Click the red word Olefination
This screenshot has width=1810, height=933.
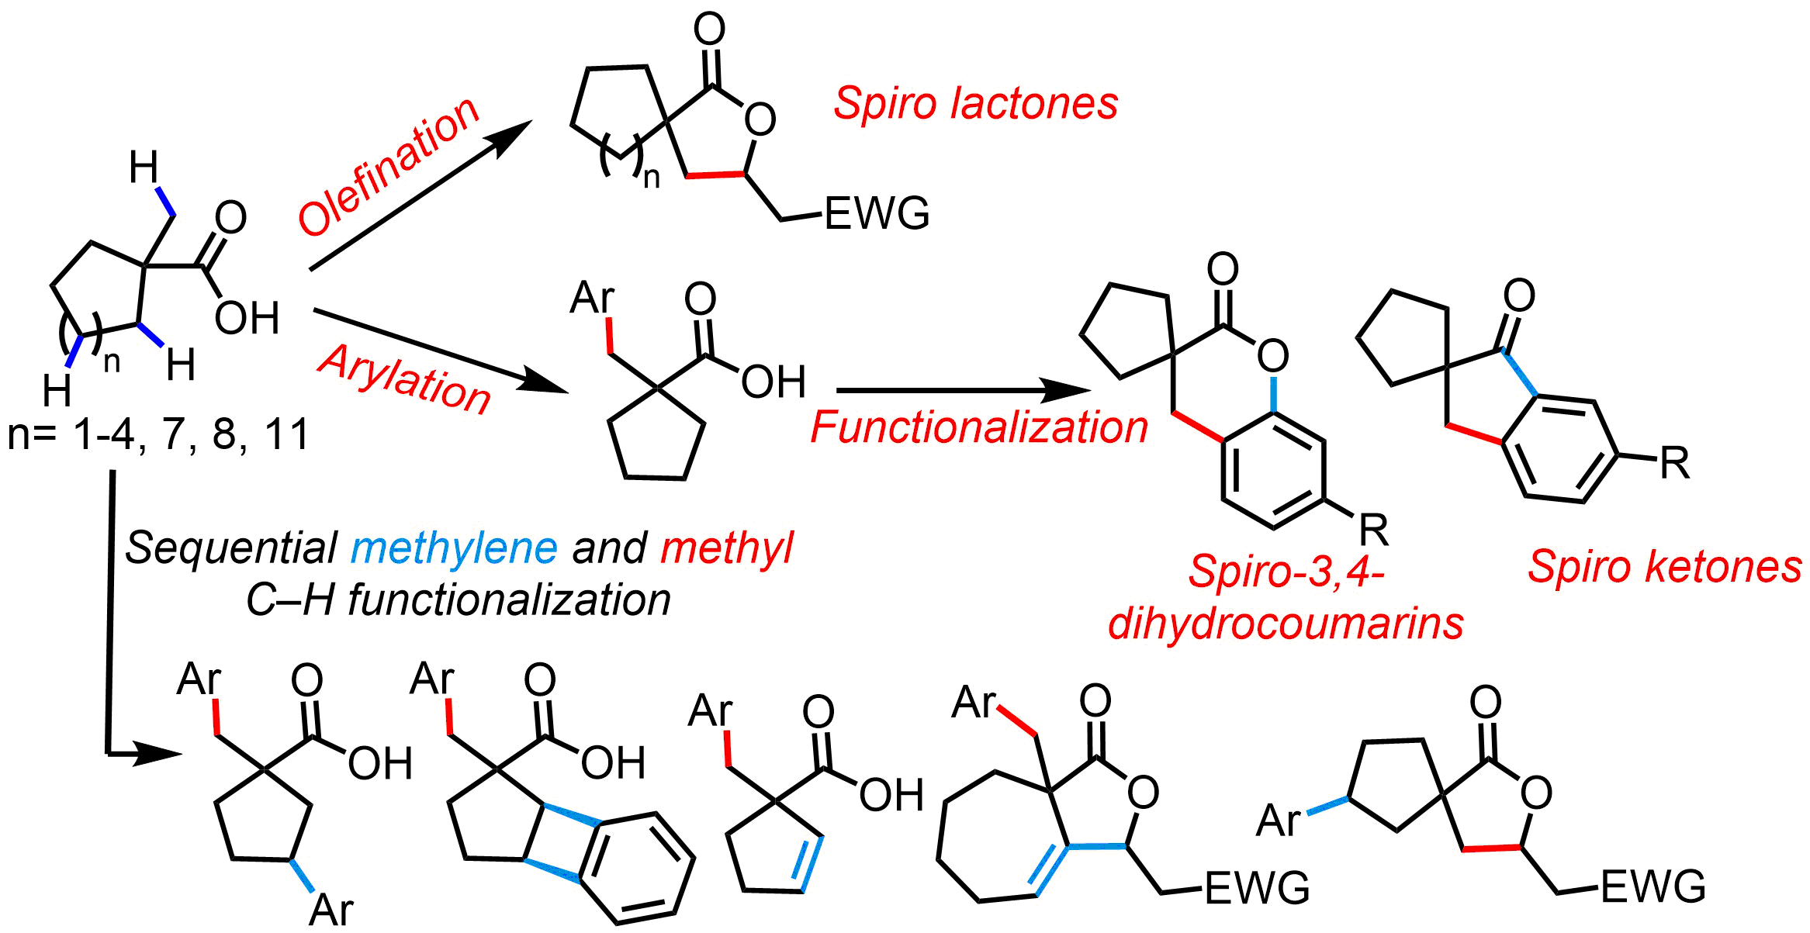pos(389,167)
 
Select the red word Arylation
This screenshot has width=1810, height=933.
pos(404,379)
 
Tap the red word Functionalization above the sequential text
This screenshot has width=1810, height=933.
pos(979,427)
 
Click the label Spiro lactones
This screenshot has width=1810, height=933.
pos(975,103)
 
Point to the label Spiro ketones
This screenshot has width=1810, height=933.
pos(1665,566)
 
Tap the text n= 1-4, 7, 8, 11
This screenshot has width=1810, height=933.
pos(158,434)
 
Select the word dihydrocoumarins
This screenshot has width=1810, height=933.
pos(1286,623)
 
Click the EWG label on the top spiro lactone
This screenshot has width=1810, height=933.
pos(877,214)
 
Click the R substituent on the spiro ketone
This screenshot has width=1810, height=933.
pos(1674,464)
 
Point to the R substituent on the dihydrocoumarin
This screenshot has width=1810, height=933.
pos(1373,530)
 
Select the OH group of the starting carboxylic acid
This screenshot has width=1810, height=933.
pos(247,318)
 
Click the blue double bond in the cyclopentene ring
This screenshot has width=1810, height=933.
pos(808,863)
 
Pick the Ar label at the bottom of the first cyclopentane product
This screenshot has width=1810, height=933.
pos(331,910)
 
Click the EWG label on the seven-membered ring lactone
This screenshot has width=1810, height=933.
pos(1258,888)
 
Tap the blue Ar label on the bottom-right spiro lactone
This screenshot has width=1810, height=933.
pos(1279,820)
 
